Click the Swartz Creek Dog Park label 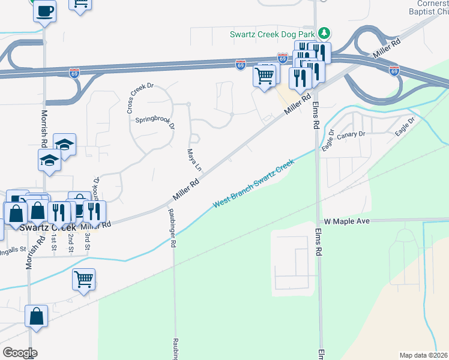click(273, 34)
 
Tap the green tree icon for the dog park click(324, 32)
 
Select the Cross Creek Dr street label click(140, 97)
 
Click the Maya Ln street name click(191, 159)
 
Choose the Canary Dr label click(351, 135)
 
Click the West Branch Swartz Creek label click(253, 184)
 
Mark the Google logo click(19, 353)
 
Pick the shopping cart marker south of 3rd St click(83, 279)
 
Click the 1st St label click(54, 243)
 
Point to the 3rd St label click(88, 243)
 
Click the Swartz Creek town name click(48, 228)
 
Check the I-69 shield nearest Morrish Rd click(75, 71)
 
